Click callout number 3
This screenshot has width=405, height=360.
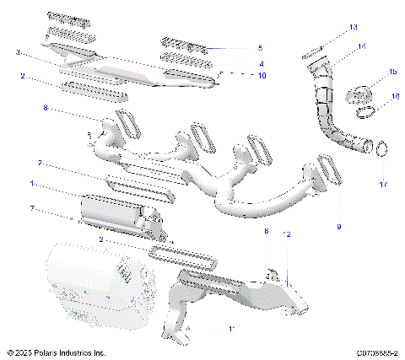coord(19,52)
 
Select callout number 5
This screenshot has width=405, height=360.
coord(260,48)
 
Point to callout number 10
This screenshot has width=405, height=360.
coord(262,76)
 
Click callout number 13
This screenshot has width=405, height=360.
coord(354,28)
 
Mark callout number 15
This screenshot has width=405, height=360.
coord(392,73)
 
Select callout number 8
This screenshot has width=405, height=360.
coord(46,108)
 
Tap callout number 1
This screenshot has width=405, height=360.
coord(32,183)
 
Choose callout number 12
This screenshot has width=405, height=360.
coord(288,234)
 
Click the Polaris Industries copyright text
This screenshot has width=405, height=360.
coord(57,352)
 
